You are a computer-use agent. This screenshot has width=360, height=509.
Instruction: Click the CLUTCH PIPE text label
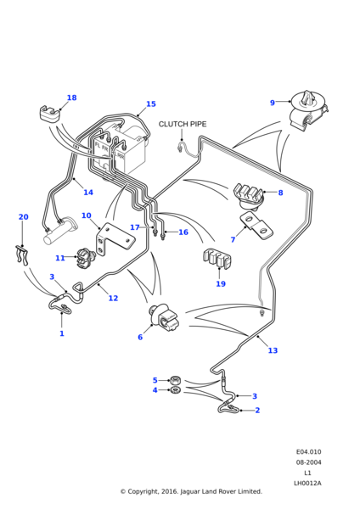(x=183, y=124)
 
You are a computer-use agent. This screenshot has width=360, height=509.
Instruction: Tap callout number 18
(x=72, y=98)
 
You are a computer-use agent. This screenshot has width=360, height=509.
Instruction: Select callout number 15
(x=151, y=103)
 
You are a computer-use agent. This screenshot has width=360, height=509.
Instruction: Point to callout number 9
(x=273, y=103)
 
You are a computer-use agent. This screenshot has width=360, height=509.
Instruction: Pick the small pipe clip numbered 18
(x=50, y=114)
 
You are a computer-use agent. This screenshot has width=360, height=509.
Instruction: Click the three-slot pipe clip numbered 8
(x=248, y=196)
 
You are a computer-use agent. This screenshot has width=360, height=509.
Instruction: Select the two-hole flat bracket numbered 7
(x=256, y=226)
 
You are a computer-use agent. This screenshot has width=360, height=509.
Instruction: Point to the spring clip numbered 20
(x=22, y=255)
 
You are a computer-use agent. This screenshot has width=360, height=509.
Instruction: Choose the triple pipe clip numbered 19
(x=217, y=259)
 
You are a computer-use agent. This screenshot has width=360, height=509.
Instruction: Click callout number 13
(x=273, y=350)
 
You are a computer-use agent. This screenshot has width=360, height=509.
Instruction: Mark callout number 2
(x=257, y=411)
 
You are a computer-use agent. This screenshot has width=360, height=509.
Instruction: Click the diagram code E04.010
(x=308, y=452)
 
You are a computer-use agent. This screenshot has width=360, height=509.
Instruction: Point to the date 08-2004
(x=308, y=462)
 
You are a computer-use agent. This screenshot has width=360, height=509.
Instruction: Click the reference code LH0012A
(x=307, y=483)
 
